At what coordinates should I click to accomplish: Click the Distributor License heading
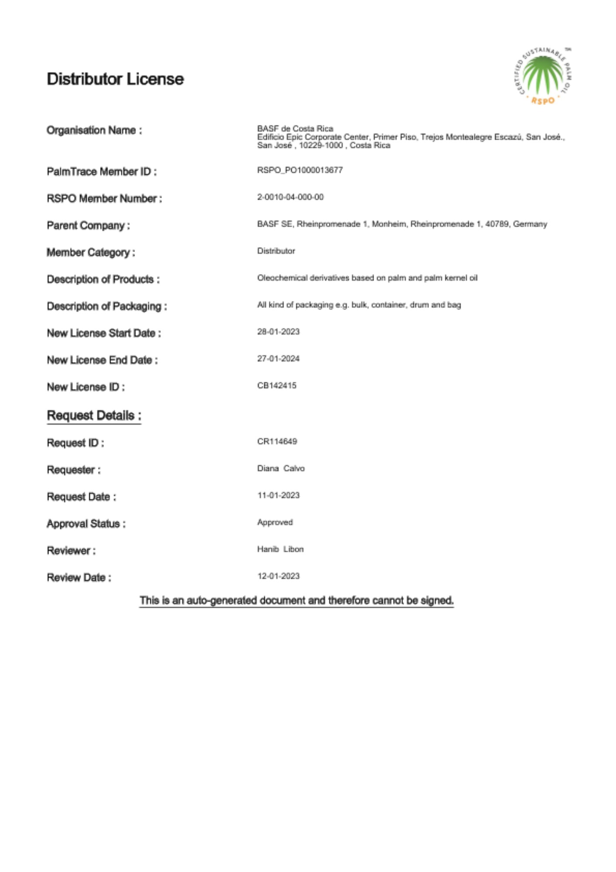(115, 79)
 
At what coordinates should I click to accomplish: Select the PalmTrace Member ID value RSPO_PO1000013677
(299, 170)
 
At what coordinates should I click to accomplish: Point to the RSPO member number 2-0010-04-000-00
(290, 197)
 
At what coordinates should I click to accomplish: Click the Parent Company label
(88, 225)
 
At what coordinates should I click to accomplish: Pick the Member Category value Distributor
(276, 251)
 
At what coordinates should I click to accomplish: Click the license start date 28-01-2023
(278, 332)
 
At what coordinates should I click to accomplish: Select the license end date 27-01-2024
(278, 359)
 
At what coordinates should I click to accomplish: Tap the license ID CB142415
(276, 386)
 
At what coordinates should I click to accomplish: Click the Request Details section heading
(94, 416)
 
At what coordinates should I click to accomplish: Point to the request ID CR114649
(277, 442)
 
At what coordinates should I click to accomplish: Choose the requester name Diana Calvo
(281, 469)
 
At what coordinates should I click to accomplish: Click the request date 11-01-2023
(278, 496)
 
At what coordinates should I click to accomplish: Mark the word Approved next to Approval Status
(275, 522)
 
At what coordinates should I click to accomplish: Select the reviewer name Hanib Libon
(280, 549)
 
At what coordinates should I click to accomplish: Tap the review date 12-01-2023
(278, 576)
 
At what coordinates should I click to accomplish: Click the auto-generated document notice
(296, 600)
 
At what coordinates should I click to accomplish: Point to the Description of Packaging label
(107, 307)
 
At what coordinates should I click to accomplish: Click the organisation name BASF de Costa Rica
(295, 129)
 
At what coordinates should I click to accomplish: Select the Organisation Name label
(94, 130)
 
